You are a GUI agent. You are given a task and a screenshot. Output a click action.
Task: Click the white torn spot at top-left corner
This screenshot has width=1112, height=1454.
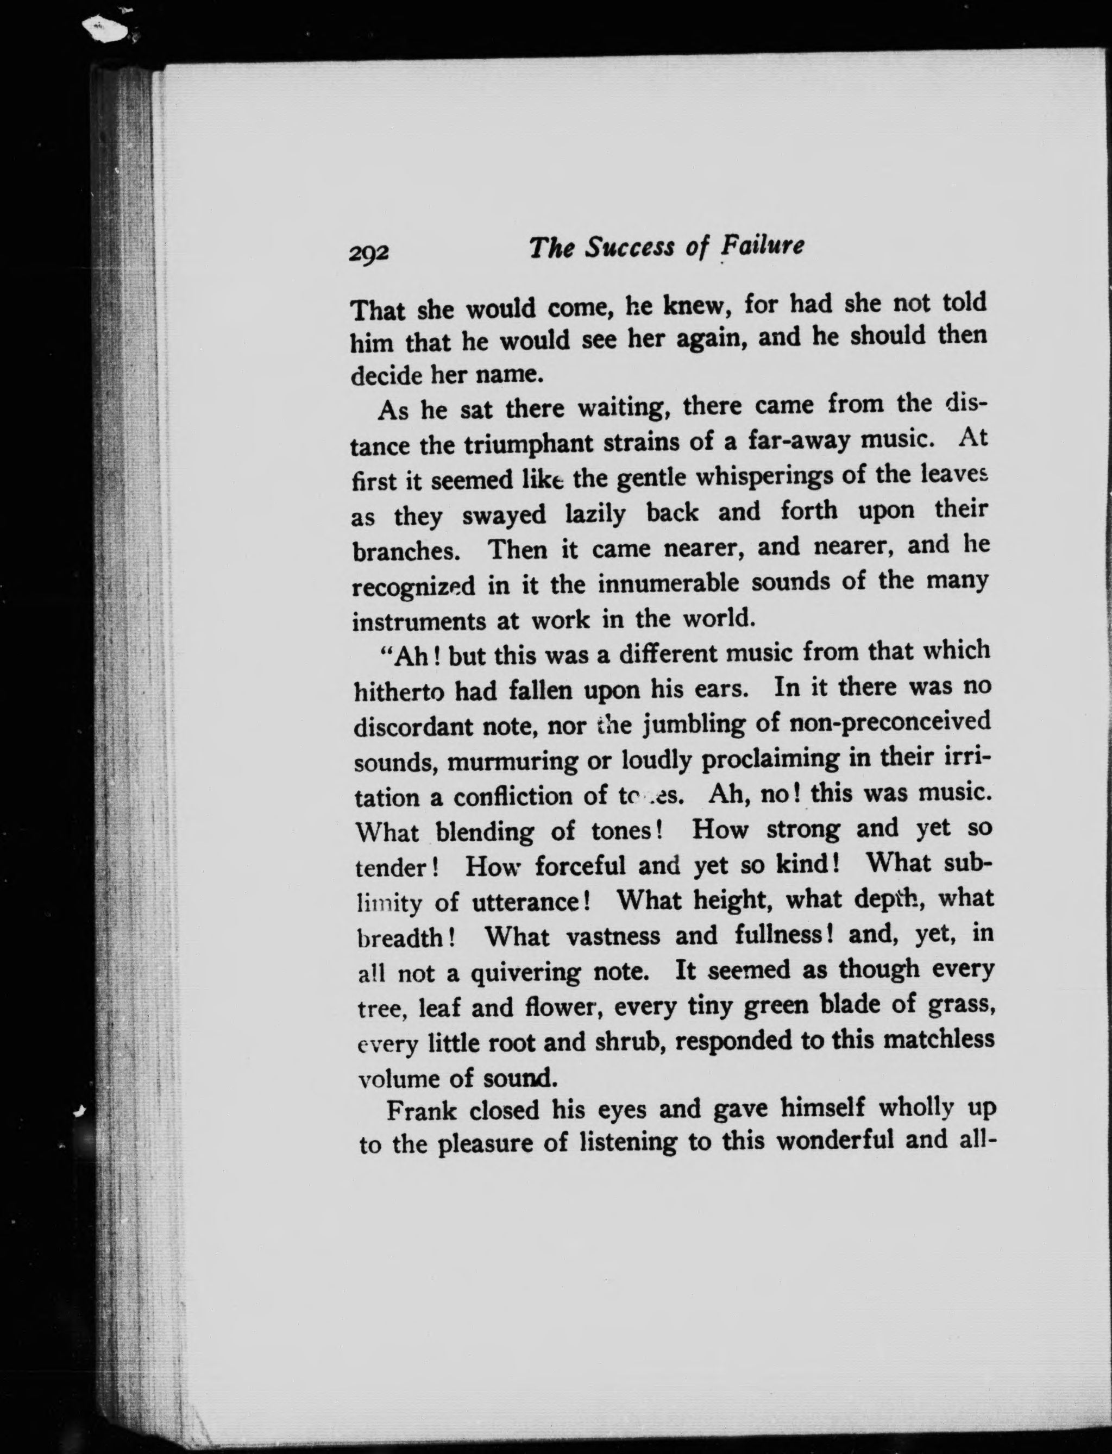click(109, 30)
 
